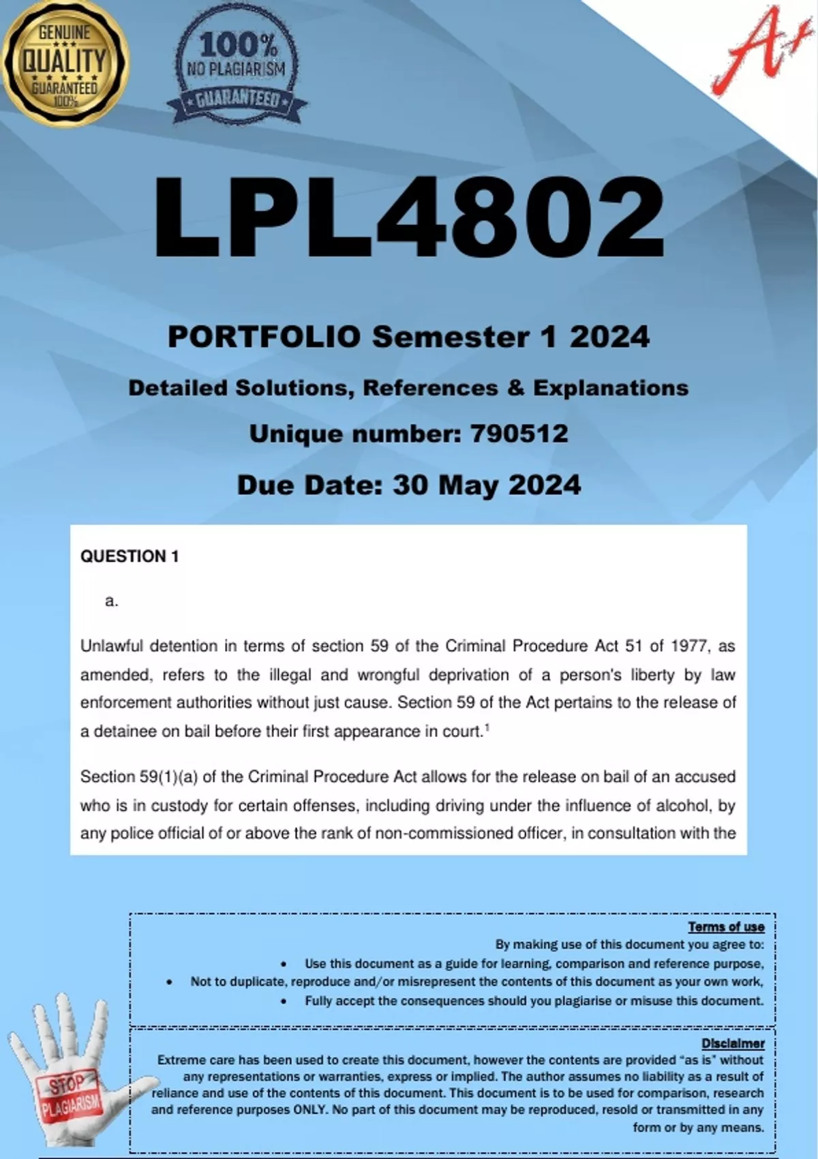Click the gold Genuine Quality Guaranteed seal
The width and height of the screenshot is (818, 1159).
click(x=63, y=63)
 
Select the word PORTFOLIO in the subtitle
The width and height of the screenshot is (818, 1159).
click(x=264, y=337)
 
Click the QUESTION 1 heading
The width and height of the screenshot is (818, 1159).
click(x=130, y=556)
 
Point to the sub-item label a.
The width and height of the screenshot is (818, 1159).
click(x=112, y=601)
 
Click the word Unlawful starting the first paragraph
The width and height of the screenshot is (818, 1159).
click(x=112, y=646)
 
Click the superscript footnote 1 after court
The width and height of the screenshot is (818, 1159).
click(x=487, y=727)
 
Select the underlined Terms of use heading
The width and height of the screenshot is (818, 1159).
click(x=726, y=927)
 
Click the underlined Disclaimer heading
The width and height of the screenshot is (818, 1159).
click(x=733, y=1044)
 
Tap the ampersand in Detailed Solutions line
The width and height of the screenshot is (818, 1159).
click(x=515, y=388)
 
